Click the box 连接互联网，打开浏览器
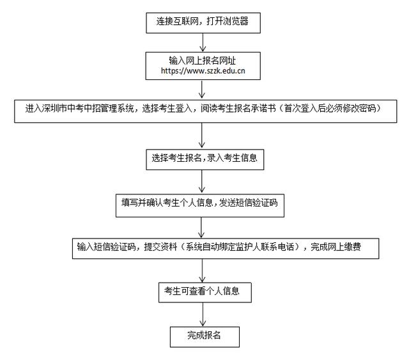[x=203, y=23]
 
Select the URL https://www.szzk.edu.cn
[x=203, y=71]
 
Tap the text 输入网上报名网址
[x=203, y=61]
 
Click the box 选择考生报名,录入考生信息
[x=204, y=159]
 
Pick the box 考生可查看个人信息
[x=205, y=292]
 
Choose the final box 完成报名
[x=204, y=337]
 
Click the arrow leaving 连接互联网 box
[x=203, y=42]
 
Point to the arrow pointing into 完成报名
[x=203, y=315]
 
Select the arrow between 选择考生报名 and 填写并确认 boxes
[x=202, y=182]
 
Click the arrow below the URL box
[x=202, y=90]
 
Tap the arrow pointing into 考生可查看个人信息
[x=203, y=270]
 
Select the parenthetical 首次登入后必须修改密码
[x=330, y=108]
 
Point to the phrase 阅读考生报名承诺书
[x=238, y=108]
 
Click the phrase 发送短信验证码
[x=248, y=203]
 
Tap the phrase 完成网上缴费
[x=336, y=247]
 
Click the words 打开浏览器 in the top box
[x=228, y=21]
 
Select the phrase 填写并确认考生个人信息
[x=167, y=203]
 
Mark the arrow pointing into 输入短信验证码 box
[x=201, y=228]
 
